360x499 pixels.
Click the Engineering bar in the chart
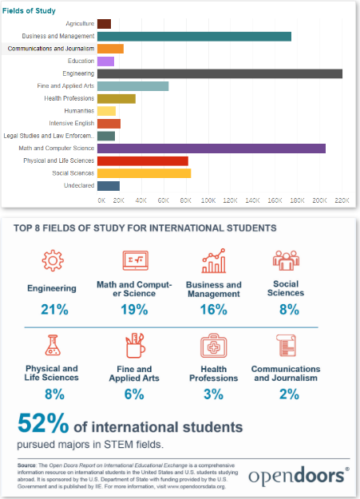point(220,73)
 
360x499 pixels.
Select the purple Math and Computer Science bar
point(212,149)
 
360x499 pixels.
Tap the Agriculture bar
point(104,24)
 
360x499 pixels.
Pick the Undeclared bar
point(109,186)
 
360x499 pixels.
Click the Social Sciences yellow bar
point(144,173)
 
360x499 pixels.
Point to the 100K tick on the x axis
point(208,200)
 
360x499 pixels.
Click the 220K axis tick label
point(342,200)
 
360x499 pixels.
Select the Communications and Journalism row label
point(51,49)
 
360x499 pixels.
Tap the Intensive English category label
point(72,124)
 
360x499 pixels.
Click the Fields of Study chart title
point(29,11)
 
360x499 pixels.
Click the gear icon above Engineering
point(53,260)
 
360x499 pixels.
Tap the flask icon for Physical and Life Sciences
point(53,345)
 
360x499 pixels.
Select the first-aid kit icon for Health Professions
point(214,346)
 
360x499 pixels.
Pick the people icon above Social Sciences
point(286,260)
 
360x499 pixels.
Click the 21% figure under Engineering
point(54,310)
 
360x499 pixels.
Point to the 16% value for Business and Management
point(214,310)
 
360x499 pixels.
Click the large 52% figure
point(43,423)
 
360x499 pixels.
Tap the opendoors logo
point(299,477)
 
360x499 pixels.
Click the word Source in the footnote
point(26,465)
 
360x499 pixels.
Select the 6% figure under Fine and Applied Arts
point(134,394)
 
